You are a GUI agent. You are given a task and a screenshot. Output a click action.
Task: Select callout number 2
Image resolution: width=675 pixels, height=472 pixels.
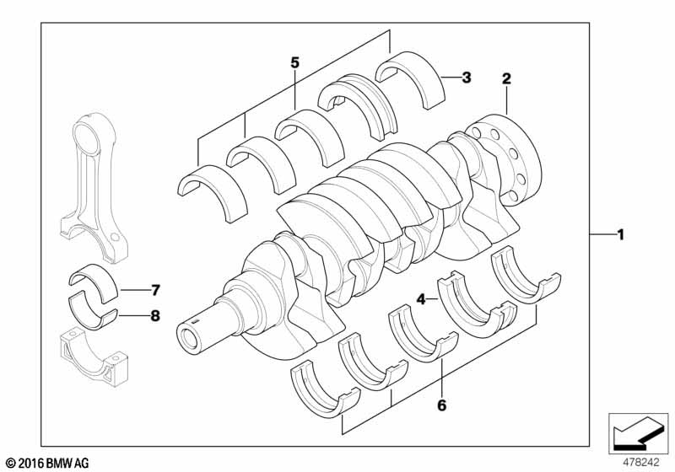tap(506, 79)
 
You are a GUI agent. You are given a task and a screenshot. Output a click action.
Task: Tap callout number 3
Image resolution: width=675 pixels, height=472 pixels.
tap(466, 78)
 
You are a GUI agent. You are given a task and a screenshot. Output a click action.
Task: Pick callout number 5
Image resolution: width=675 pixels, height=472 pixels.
tap(294, 62)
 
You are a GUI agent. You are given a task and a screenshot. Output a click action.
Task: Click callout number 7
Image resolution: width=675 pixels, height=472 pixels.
tap(154, 292)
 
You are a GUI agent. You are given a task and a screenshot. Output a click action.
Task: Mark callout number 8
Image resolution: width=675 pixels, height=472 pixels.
tap(154, 318)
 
